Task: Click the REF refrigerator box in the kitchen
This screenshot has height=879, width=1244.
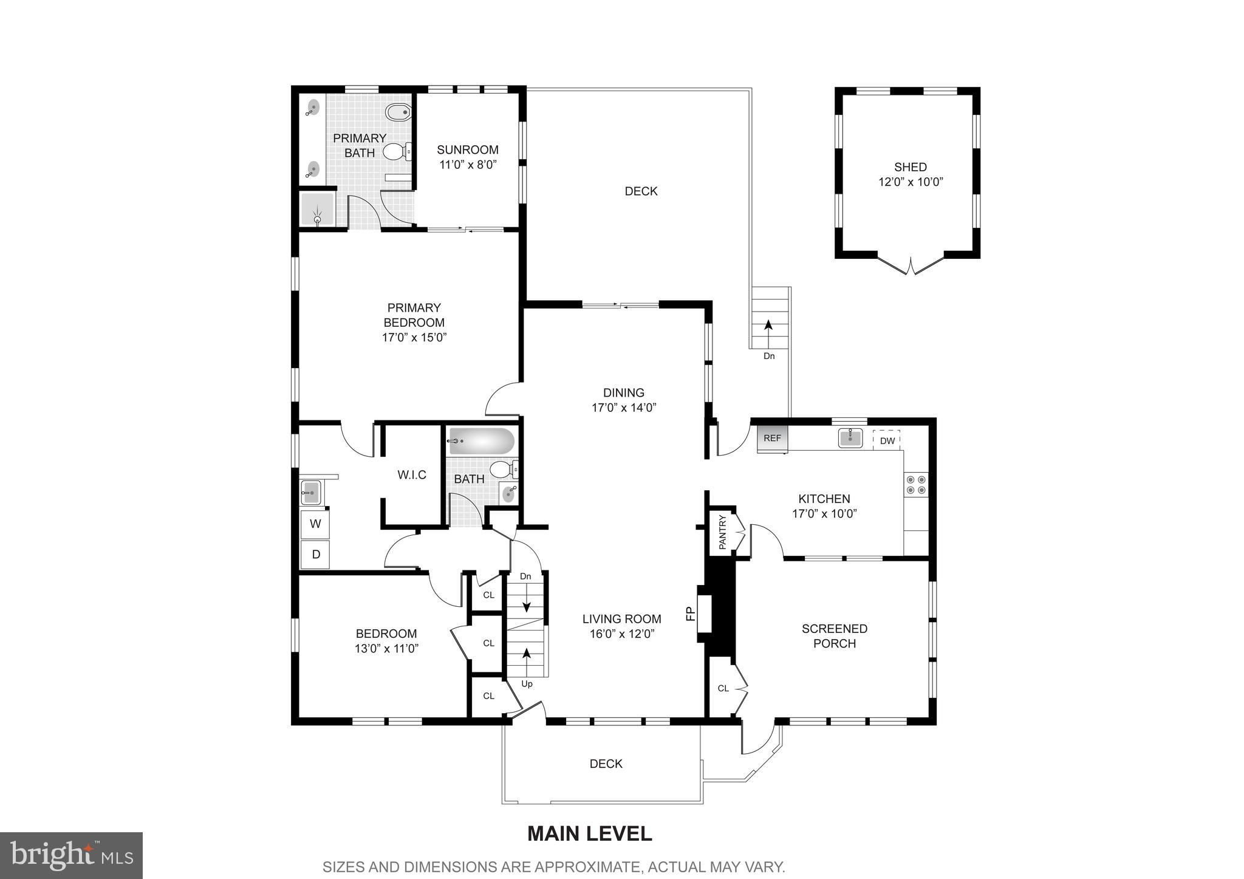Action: click(772, 439)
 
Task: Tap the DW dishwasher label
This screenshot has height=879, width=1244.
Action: click(887, 441)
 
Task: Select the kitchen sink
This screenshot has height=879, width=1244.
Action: click(850, 438)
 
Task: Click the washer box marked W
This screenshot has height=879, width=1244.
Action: click(315, 524)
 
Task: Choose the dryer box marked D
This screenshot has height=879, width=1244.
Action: click(315, 554)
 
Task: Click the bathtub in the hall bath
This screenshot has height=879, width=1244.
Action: click(481, 442)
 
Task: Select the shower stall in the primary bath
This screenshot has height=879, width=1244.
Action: click(317, 209)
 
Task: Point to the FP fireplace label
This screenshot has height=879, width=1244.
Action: click(690, 615)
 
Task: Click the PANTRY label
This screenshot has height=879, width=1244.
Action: click(723, 532)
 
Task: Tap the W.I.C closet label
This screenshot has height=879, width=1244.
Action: click(412, 475)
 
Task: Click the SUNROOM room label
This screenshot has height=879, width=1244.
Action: click(468, 149)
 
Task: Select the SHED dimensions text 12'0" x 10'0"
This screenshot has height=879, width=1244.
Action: click(911, 182)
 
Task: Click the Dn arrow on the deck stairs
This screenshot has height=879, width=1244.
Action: click(768, 333)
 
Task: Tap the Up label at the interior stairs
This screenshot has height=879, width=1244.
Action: click(527, 684)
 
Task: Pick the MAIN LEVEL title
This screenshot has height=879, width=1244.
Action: click(589, 833)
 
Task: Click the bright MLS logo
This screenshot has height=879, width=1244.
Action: click(71, 855)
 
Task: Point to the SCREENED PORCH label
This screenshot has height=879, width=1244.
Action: click(835, 636)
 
